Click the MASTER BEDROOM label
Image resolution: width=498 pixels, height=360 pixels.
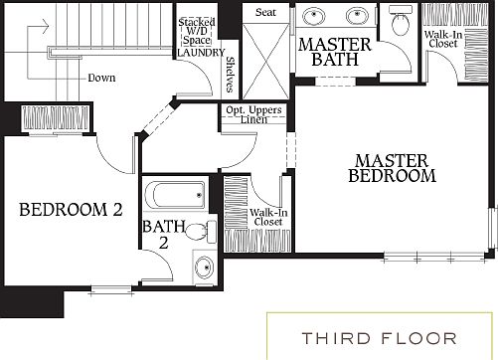pos(393,168)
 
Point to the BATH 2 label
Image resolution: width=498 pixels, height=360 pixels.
pos(162,235)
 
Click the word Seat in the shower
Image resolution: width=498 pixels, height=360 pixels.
pos(265,12)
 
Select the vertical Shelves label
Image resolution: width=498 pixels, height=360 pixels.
pos(230,71)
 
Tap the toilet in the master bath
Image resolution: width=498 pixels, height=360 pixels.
pos(402,22)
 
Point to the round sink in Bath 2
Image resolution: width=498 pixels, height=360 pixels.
pos(204,267)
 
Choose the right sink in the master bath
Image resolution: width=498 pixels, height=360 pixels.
pos(357,17)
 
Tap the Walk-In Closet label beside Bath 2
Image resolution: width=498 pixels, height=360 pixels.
pos(266,216)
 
